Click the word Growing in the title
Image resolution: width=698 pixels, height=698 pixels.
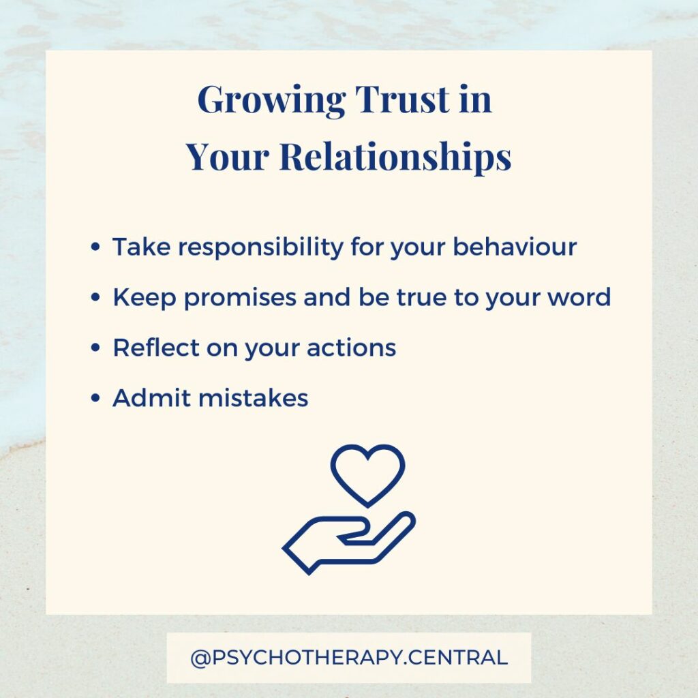pyautogui.click(x=271, y=100)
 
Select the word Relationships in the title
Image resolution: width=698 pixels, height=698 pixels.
pyautogui.click(x=395, y=157)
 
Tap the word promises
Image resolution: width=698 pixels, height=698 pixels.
pyautogui.click(x=240, y=298)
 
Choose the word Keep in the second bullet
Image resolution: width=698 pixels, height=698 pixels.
pyautogui.click(x=145, y=298)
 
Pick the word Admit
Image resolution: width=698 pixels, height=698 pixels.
pyautogui.click(x=151, y=397)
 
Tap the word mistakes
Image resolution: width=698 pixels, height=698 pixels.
pyautogui.click(x=254, y=397)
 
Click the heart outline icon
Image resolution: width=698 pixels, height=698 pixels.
pyautogui.click(x=367, y=475)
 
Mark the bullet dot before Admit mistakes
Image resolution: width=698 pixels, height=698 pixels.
pyautogui.click(x=95, y=397)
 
